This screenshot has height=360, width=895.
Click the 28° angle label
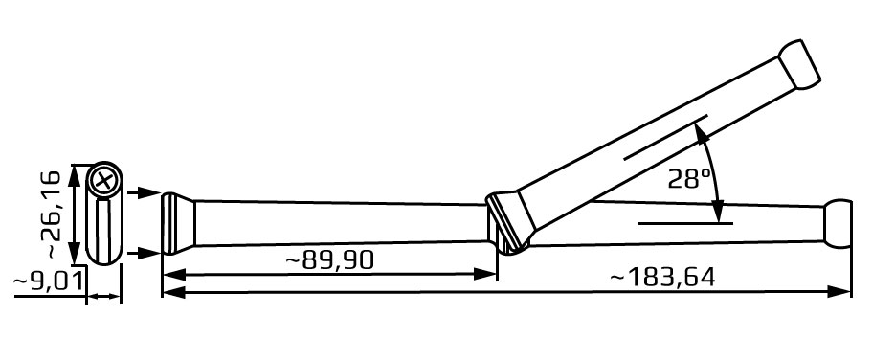(x=692, y=179)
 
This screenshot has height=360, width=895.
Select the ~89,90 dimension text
(x=330, y=260)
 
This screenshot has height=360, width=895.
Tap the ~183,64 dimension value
(x=662, y=278)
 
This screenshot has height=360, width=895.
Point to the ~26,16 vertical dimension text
(x=52, y=214)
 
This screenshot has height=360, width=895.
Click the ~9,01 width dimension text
(x=49, y=281)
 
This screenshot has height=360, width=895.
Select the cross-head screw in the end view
(x=104, y=181)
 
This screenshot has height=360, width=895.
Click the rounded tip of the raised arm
(x=799, y=63)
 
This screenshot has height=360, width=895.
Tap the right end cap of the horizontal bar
(x=838, y=224)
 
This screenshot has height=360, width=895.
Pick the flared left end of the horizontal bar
(x=178, y=223)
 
